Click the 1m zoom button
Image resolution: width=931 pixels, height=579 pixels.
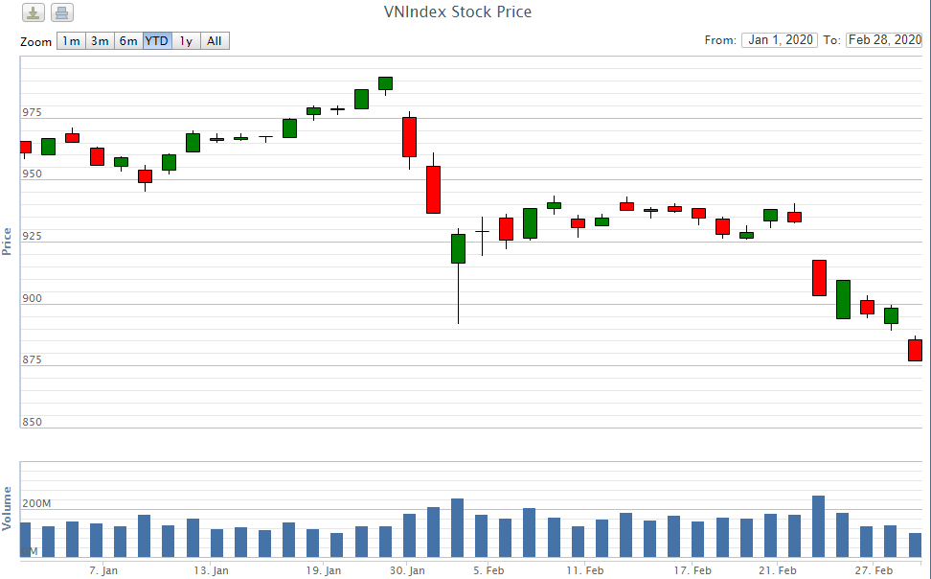click(x=71, y=41)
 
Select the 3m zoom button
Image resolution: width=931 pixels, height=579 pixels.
click(x=100, y=41)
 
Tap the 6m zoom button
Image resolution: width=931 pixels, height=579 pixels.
click(x=128, y=41)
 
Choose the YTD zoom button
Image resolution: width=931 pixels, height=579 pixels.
click(x=157, y=41)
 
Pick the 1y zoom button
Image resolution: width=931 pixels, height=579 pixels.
click(x=186, y=41)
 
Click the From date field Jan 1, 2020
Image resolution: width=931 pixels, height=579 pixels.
click(x=780, y=40)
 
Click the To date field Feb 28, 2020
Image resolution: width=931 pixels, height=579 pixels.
click(x=883, y=40)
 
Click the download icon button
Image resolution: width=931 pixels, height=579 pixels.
click(x=34, y=13)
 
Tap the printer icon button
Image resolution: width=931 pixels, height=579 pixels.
click(x=61, y=13)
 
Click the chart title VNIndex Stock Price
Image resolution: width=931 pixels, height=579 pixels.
click(x=456, y=12)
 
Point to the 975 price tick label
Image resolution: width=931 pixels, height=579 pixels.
click(x=33, y=112)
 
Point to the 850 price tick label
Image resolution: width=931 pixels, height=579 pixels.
click(x=33, y=422)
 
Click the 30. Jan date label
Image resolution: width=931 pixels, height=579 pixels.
click(x=407, y=570)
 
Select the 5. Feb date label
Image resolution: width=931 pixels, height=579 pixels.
click(x=488, y=570)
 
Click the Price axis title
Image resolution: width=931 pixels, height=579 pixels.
click(x=8, y=240)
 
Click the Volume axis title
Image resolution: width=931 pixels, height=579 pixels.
click(x=8, y=509)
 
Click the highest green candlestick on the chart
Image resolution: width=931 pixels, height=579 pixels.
click(x=385, y=83)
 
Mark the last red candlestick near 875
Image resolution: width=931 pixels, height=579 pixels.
click(x=915, y=350)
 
